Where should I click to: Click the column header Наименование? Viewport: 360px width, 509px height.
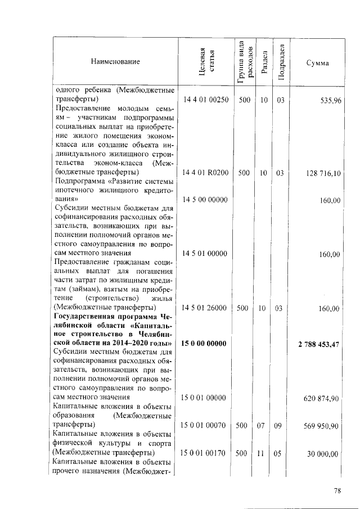coord(115,62)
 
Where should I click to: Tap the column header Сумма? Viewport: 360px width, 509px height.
coord(317,62)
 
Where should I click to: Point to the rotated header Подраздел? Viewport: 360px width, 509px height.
coord(281,62)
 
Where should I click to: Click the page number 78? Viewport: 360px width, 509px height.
coord(337,490)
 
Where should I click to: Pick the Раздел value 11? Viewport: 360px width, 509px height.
coord(263,453)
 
